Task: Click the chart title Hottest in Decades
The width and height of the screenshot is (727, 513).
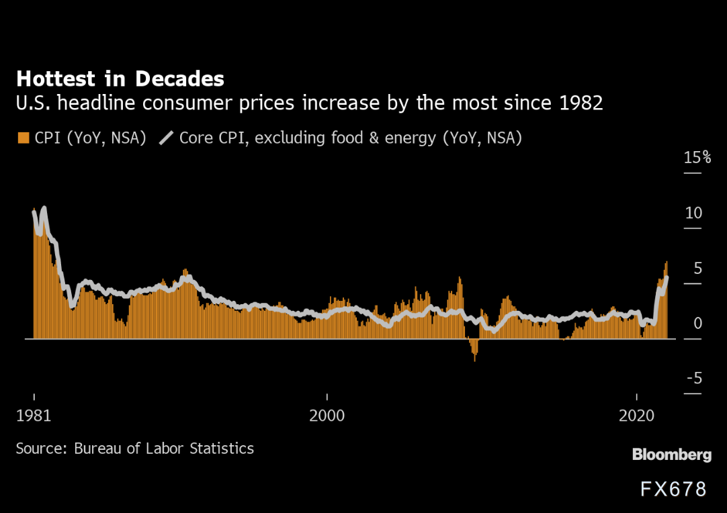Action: click(120, 79)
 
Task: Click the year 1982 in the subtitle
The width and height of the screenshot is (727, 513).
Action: click(579, 103)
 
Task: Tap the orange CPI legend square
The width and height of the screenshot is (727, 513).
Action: click(23, 138)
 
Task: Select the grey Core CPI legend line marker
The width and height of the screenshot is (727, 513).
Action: click(166, 138)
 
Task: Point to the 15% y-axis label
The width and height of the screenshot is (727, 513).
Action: click(697, 158)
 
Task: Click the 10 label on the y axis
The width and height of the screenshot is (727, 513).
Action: click(693, 213)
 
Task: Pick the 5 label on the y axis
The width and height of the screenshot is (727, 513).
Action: click(697, 269)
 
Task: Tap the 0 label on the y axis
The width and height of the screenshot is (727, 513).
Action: click(697, 324)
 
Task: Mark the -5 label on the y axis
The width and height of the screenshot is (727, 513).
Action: click(694, 379)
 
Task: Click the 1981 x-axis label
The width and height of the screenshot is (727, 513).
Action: click(33, 416)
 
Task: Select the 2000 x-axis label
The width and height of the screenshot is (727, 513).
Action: click(327, 416)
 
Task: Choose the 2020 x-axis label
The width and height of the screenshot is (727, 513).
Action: click(636, 416)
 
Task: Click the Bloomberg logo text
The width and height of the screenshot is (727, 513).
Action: click(671, 455)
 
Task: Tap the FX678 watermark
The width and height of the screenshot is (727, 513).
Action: click(673, 489)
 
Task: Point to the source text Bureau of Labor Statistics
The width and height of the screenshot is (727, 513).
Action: click(164, 448)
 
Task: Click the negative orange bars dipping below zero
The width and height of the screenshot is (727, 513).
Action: click(474, 349)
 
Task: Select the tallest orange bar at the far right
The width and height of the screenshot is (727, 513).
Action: click(667, 299)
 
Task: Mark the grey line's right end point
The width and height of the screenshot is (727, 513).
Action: click(667, 277)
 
